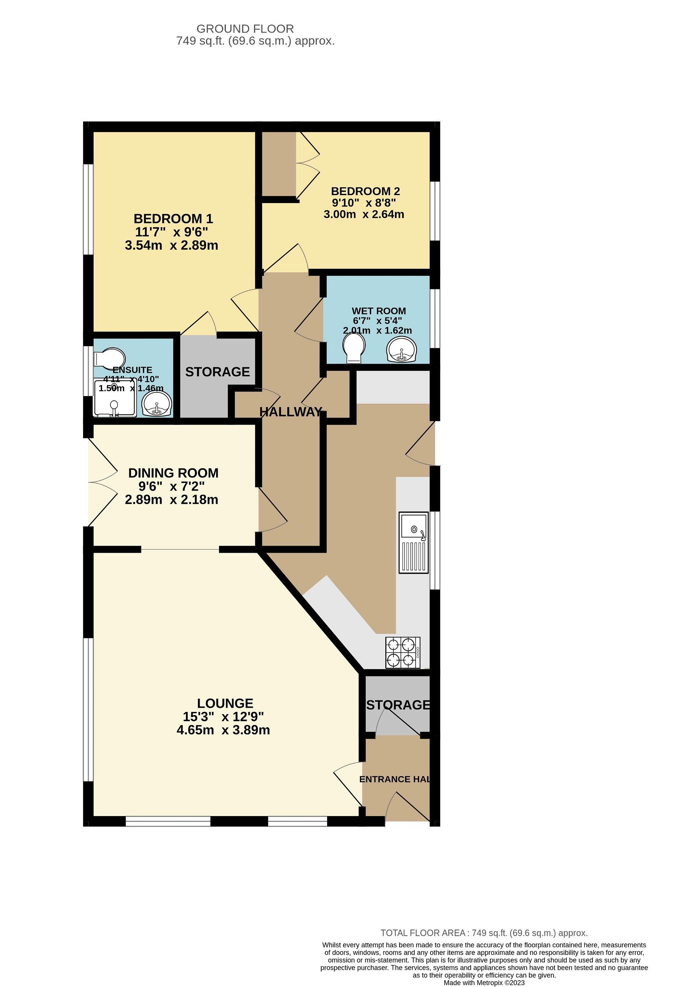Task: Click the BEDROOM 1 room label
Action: click(x=173, y=219)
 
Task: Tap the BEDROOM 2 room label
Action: click(x=365, y=191)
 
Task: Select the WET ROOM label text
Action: click(x=378, y=311)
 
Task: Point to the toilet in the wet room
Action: click(x=354, y=348)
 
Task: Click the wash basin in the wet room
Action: click(x=402, y=350)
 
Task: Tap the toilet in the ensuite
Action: click(x=109, y=358)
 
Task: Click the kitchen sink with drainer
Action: click(x=413, y=542)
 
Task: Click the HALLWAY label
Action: click(x=291, y=411)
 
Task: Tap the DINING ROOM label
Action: click(x=173, y=473)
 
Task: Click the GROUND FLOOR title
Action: click(x=245, y=29)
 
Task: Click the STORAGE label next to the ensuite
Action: click(x=217, y=372)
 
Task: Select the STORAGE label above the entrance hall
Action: click(x=398, y=705)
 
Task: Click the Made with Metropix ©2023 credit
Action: click(x=484, y=982)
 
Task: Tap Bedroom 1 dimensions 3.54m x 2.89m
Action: click(x=171, y=245)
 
